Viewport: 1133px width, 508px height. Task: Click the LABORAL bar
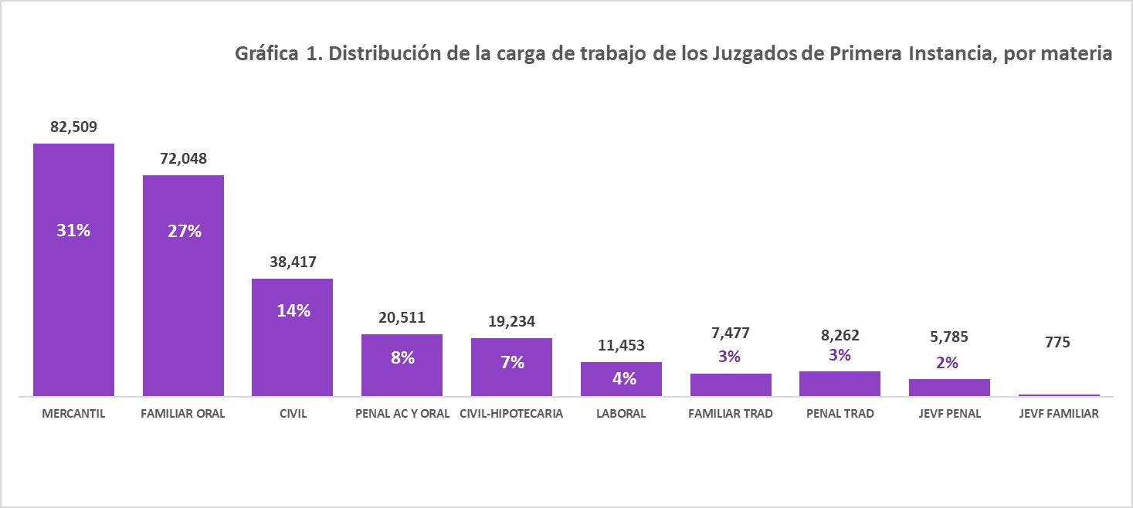tap(621, 380)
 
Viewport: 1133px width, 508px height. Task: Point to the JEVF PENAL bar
tap(949, 388)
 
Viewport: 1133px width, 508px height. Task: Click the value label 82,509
tap(73, 127)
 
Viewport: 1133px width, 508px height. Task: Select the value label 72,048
tap(183, 159)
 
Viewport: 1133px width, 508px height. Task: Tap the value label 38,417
tap(293, 262)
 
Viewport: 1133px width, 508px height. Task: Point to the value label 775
tap(1058, 341)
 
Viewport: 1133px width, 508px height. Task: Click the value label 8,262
tap(840, 336)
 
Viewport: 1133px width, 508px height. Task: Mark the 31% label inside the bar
tap(73, 230)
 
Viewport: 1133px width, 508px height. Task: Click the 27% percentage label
tap(183, 230)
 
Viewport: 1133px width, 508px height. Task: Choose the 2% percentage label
tap(949, 362)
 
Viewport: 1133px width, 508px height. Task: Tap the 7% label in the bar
tap(511, 362)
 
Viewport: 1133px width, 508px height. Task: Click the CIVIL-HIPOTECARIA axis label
tap(511, 414)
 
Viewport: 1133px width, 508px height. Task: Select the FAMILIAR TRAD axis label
tap(730, 414)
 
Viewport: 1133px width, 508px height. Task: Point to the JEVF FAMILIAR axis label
tap(1058, 414)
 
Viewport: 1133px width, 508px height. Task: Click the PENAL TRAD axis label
tap(840, 414)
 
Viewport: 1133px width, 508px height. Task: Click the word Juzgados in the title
tap(757, 55)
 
